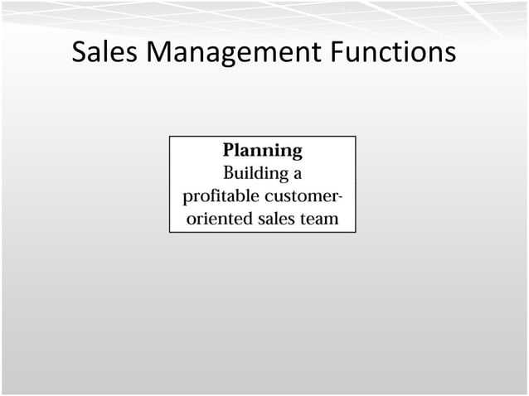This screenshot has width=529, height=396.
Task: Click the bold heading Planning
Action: point(262,151)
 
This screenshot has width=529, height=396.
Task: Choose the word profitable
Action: point(219,197)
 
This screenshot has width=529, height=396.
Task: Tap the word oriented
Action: point(217,220)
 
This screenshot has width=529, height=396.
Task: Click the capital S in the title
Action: point(80,53)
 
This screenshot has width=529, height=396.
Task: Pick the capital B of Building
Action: point(231,174)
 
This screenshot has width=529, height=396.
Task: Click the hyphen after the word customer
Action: point(341,198)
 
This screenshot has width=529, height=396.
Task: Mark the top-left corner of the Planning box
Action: point(170,137)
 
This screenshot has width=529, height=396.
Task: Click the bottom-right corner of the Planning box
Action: point(356,232)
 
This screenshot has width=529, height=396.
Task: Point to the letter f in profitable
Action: point(208,196)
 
